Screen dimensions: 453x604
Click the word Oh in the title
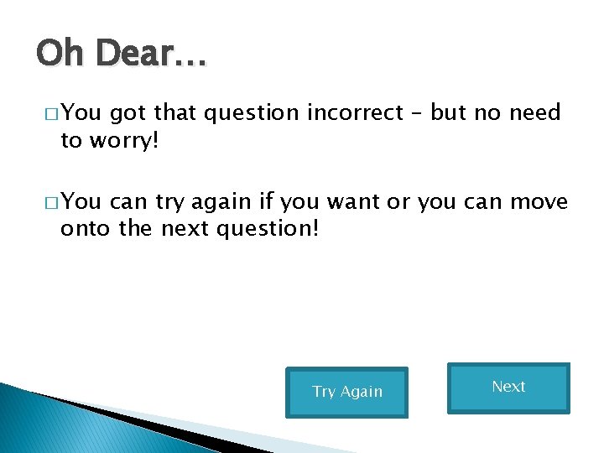(x=60, y=55)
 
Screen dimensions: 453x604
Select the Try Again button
(x=346, y=392)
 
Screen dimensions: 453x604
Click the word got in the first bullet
(x=127, y=114)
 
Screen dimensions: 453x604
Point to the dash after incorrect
(x=422, y=113)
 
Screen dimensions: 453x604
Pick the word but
(x=452, y=113)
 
